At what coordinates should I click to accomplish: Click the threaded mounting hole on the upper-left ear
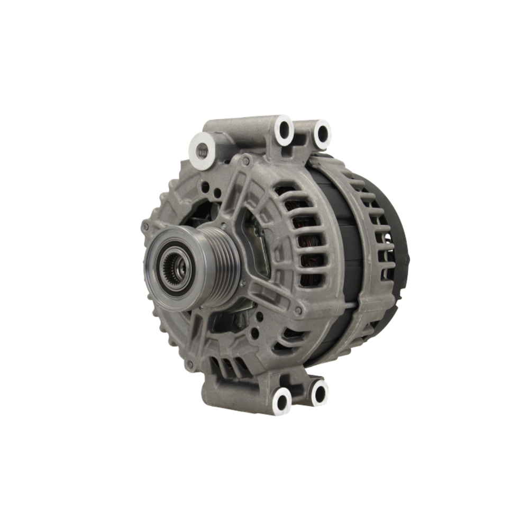coord(202,150)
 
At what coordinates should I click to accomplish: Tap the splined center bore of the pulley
coord(176,268)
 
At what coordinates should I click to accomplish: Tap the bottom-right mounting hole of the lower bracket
coord(319,392)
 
